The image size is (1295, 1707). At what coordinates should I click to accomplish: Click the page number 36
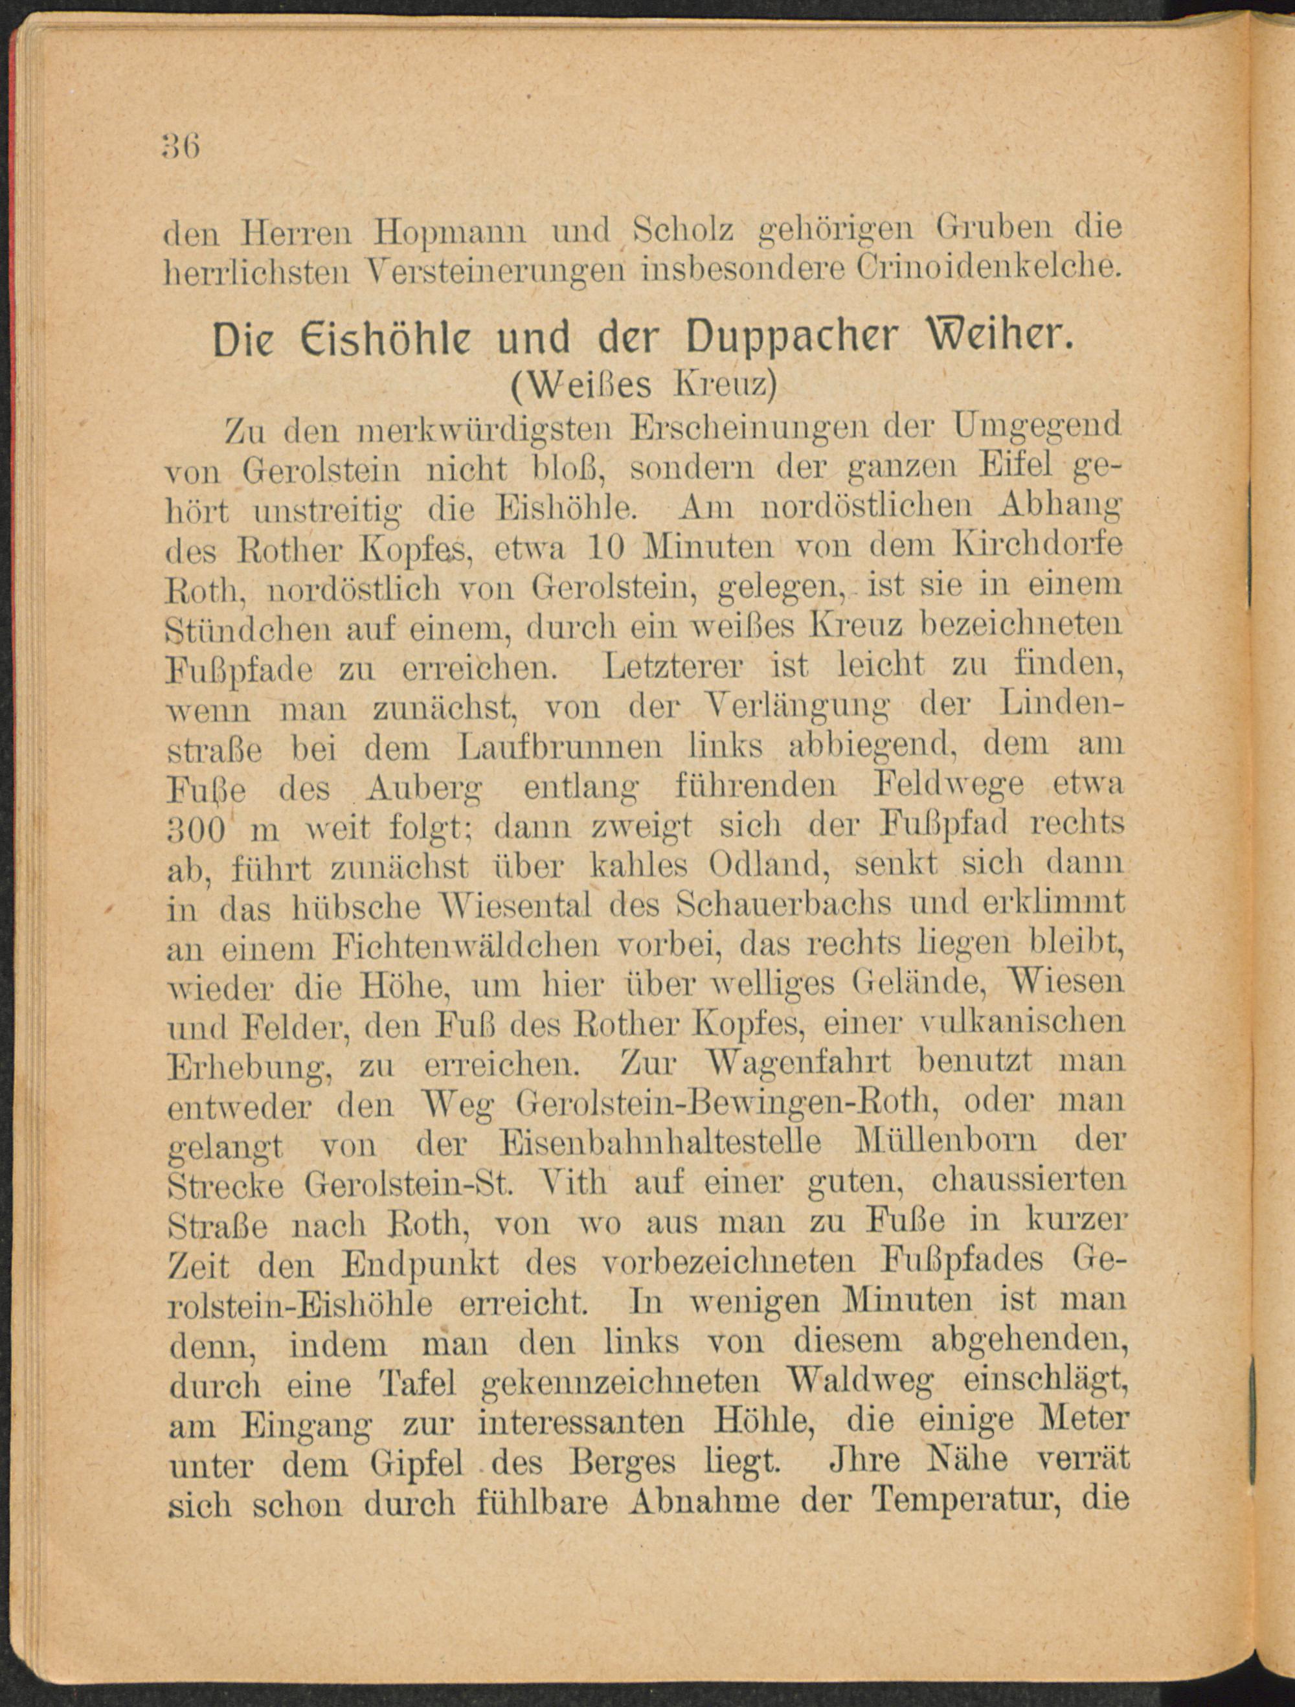[x=181, y=145]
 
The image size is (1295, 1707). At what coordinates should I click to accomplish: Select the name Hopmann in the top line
[x=450, y=230]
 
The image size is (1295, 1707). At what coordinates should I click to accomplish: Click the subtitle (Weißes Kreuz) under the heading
[x=644, y=384]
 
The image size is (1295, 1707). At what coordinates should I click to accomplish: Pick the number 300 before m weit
[x=196, y=830]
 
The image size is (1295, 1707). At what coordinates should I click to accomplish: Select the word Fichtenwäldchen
[x=467, y=945]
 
